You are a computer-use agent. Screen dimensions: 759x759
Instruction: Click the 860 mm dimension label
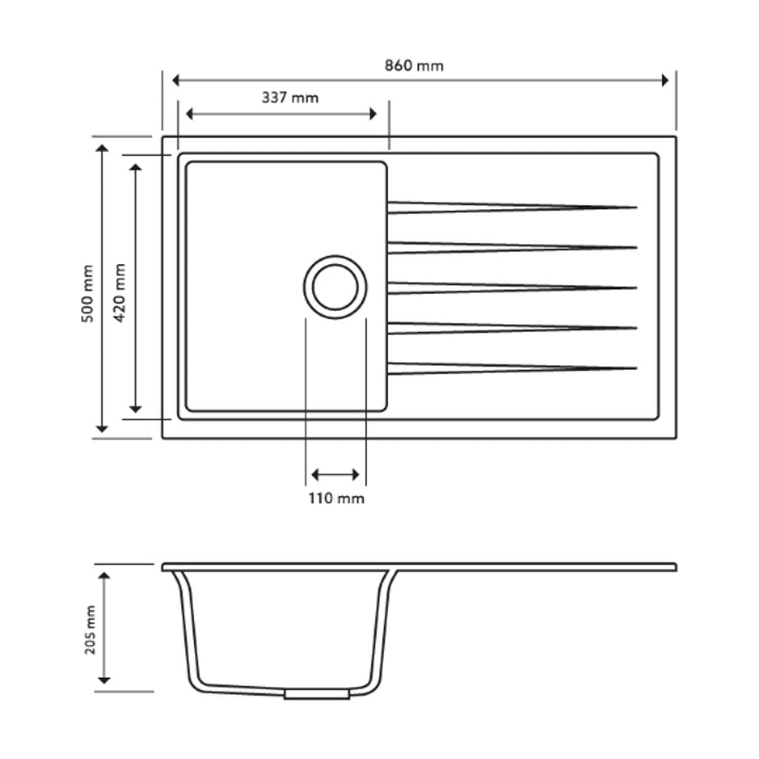pyautogui.click(x=414, y=66)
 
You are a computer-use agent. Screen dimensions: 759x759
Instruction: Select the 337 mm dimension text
pyautogui.click(x=290, y=98)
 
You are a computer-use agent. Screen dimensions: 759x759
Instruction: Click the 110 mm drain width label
pyautogui.click(x=336, y=498)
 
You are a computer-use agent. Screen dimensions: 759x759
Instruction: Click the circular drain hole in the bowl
pyautogui.click(x=335, y=287)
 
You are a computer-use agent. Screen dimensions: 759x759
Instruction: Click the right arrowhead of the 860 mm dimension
pyautogui.click(x=664, y=80)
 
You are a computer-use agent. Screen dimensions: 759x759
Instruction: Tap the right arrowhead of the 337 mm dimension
pyautogui.click(x=373, y=113)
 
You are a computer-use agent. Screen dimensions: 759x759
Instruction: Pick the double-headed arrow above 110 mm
pyautogui.click(x=336, y=474)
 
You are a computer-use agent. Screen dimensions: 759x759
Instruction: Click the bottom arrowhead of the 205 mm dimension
pyautogui.click(x=104, y=679)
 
